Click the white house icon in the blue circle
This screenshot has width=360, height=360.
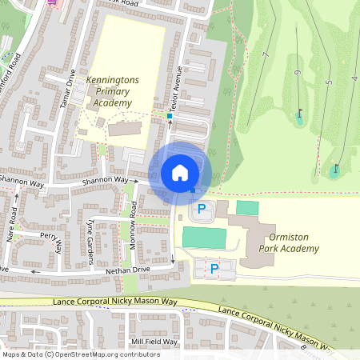(180, 172)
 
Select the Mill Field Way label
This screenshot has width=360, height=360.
(155, 342)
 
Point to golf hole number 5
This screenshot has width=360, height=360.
(328, 82)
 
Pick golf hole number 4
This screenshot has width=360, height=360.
(354, 78)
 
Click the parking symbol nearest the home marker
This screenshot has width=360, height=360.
(202, 210)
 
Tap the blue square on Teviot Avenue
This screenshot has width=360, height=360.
(170, 116)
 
